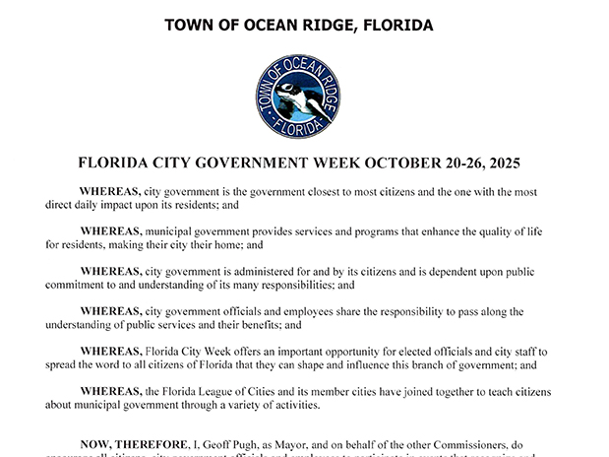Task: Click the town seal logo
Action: coord(296,96)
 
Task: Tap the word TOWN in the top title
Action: coord(188,25)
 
